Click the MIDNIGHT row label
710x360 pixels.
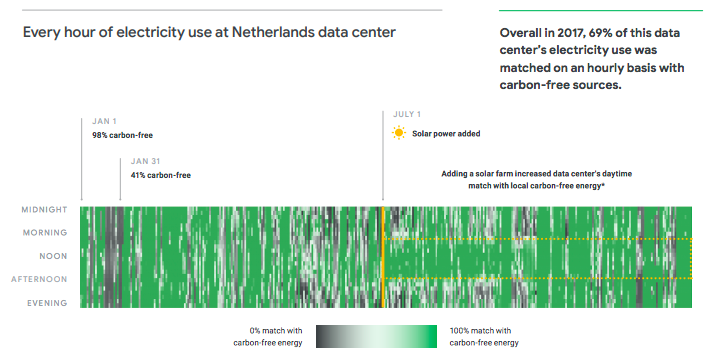coord(44,210)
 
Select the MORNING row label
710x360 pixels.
coord(46,233)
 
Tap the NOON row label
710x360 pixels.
coord(54,256)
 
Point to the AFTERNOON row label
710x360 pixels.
coord(40,279)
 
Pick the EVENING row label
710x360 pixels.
coord(47,302)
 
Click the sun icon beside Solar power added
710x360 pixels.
coord(399,133)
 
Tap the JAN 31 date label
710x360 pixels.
coord(146,160)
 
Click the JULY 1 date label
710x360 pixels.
coord(407,114)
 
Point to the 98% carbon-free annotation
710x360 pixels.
coord(122,135)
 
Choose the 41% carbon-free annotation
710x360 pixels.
coord(160,175)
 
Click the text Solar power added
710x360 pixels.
coord(448,133)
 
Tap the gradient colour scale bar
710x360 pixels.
coord(378,337)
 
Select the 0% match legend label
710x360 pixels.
coord(275,337)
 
